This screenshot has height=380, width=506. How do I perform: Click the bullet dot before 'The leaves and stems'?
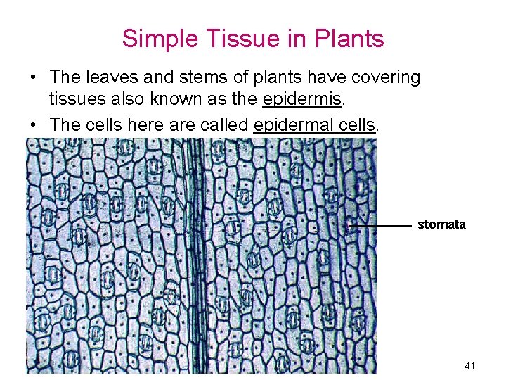33,77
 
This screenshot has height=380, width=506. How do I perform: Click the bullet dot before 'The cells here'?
33,125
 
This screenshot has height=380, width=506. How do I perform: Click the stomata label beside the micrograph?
441,224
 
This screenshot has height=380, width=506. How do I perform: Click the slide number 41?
469,367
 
